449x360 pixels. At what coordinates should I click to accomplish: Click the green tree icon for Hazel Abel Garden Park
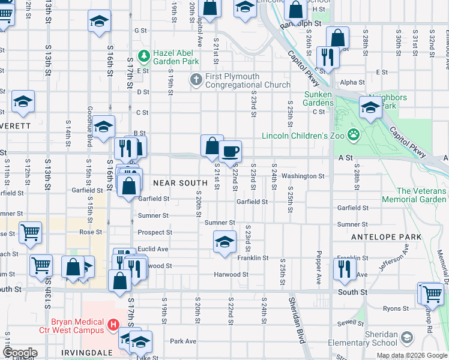144,57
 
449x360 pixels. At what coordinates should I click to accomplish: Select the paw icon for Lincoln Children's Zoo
355,135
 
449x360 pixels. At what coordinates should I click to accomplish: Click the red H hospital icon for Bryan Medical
112,326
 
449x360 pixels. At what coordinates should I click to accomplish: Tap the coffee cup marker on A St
229,152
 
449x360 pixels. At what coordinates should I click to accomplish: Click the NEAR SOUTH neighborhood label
180,182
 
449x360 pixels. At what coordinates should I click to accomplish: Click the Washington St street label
303,176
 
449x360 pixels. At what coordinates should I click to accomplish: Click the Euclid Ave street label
152,248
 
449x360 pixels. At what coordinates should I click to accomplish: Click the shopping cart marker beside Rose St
30,232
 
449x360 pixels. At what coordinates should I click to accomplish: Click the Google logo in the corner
20,353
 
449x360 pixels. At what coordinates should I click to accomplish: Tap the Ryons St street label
396,308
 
